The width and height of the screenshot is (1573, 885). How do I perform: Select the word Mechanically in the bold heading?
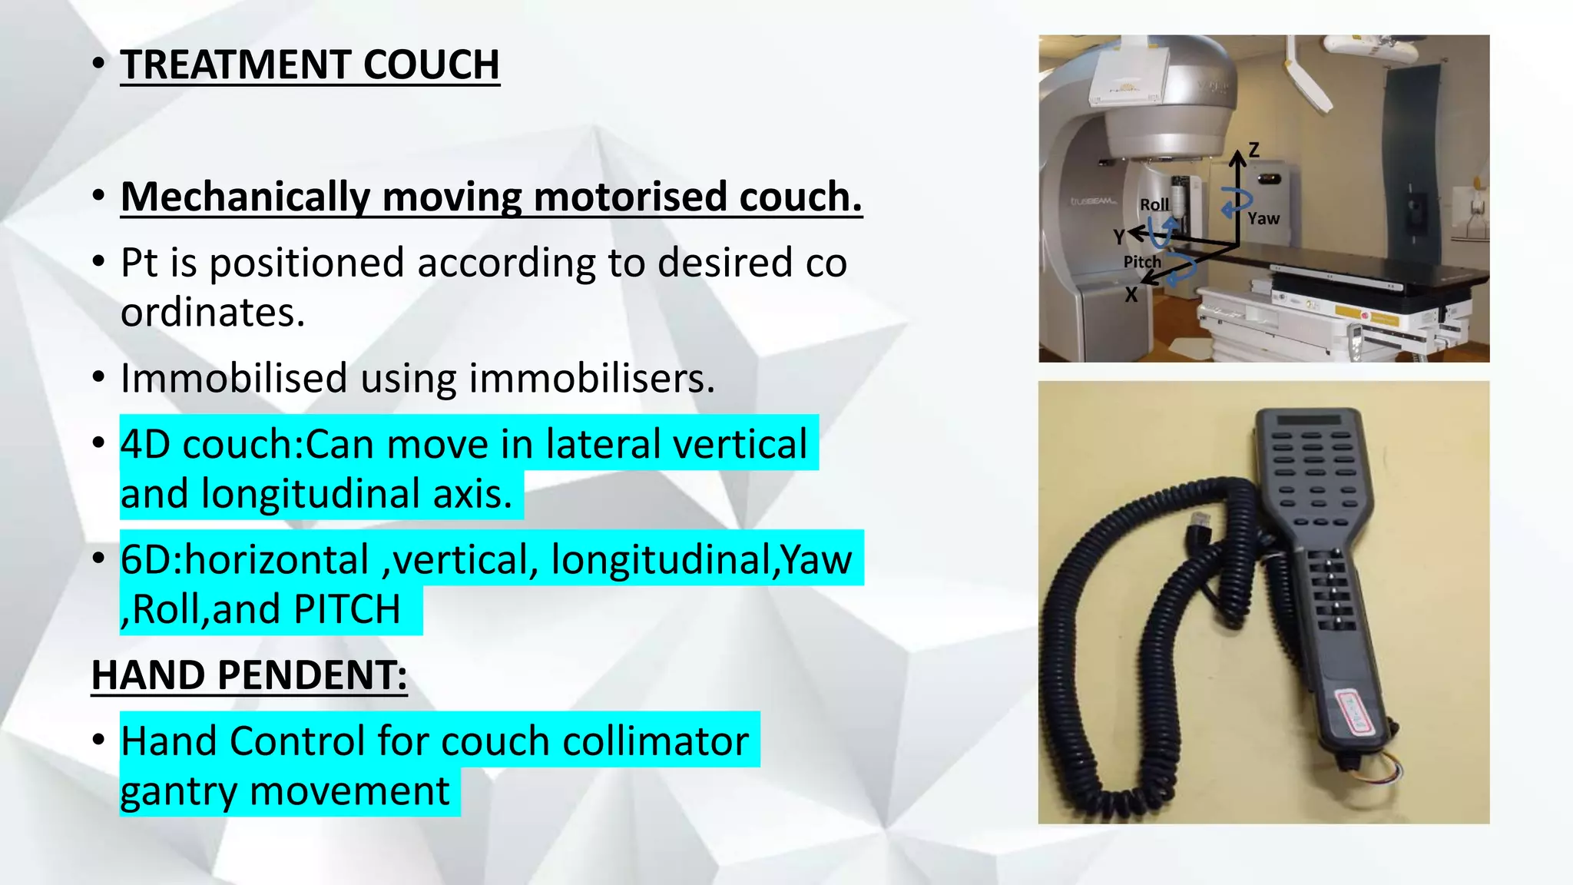(x=245, y=197)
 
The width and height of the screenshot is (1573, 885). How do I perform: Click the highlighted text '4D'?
(x=145, y=444)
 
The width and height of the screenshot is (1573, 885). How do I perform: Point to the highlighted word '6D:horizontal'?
(x=244, y=559)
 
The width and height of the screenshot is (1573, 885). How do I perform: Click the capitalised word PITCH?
(x=347, y=609)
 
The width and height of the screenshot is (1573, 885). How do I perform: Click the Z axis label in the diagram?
(x=1253, y=150)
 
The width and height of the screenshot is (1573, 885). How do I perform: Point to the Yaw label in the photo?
(x=1263, y=218)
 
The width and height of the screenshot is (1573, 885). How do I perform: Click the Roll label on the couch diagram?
(x=1154, y=204)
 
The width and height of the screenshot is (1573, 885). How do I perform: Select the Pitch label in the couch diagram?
(x=1142, y=262)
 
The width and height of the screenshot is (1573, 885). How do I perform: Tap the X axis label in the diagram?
(x=1131, y=295)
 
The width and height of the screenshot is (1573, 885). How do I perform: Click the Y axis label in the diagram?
(x=1119, y=237)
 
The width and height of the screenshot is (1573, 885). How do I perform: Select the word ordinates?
(x=213, y=312)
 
